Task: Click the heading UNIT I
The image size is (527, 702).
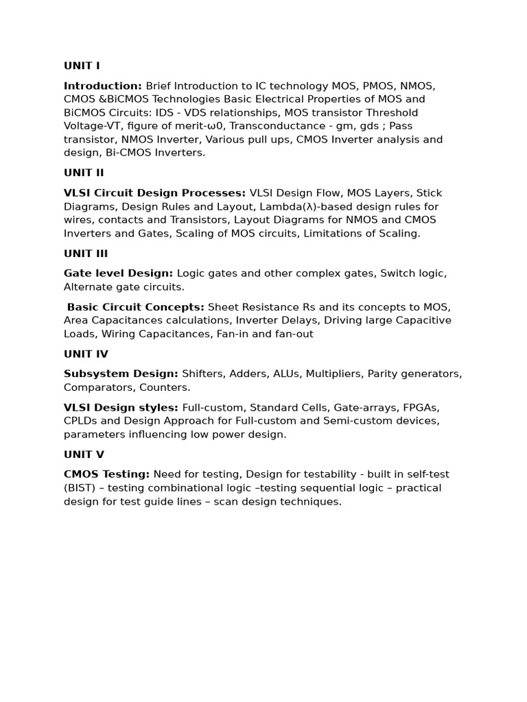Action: click(x=82, y=66)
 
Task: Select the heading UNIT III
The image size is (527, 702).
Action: click(x=86, y=254)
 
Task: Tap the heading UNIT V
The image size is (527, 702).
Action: click(x=84, y=455)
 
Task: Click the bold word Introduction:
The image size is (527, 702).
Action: click(x=103, y=86)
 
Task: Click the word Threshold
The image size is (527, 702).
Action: click(x=392, y=112)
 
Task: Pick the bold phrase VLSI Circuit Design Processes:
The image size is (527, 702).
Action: click(x=154, y=193)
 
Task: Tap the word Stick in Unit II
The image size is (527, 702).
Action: click(x=430, y=193)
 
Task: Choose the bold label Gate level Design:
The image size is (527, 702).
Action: click(x=118, y=274)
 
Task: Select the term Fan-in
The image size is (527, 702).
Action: click(x=254, y=334)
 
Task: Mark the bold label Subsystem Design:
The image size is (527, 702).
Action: click(x=121, y=374)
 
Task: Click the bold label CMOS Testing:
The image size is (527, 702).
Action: click(x=106, y=474)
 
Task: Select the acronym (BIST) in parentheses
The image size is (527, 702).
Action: click(x=81, y=488)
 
